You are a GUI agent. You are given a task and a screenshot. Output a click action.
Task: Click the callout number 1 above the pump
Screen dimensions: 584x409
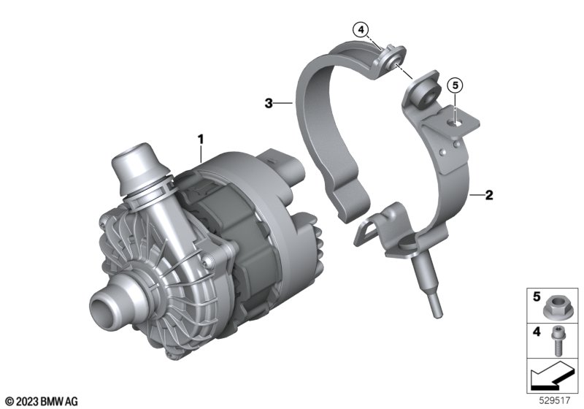[201, 139]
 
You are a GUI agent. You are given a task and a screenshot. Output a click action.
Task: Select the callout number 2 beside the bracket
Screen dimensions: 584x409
[489, 195]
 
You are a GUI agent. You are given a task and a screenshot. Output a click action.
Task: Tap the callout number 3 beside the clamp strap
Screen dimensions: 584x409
[269, 103]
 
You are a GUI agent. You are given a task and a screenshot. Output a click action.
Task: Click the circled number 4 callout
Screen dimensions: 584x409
[361, 29]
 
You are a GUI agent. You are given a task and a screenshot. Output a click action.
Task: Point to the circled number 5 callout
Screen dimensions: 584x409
[455, 85]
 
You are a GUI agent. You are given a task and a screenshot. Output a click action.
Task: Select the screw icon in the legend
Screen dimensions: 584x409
[556, 340]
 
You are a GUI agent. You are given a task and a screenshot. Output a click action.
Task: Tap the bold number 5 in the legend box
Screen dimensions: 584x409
[537, 297]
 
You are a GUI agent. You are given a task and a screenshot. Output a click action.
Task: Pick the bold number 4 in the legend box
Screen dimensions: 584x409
[537, 331]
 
